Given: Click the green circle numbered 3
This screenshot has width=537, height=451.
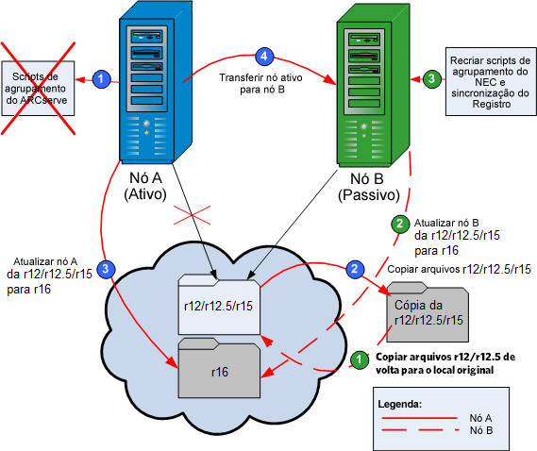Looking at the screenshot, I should point(430,79).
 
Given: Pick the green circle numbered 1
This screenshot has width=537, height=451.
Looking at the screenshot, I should point(358,359).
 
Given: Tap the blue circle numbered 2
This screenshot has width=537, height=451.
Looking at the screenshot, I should point(354,268).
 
